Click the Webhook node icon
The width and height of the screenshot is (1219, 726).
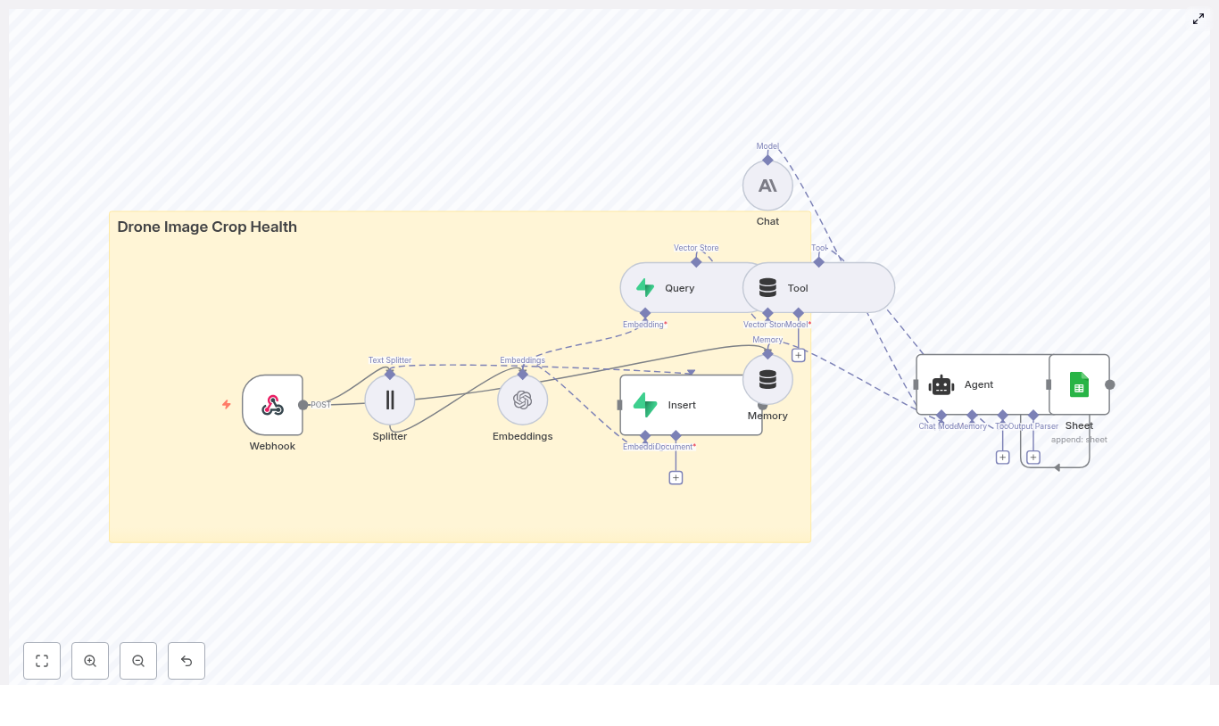(272, 405)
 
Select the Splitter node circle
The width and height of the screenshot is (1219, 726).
(390, 400)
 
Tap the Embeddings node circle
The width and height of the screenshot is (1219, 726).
(523, 400)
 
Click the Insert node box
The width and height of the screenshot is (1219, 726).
(691, 405)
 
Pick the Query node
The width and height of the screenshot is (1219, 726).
(679, 288)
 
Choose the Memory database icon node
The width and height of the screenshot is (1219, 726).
(767, 380)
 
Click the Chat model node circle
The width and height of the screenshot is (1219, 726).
(767, 186)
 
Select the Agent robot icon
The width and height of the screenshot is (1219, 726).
(941, 385)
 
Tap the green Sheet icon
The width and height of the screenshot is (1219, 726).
(1079, 384)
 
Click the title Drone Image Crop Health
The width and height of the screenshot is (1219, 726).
(207, 227)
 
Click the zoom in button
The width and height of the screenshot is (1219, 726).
(90, 661)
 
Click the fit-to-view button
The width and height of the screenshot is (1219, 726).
(42, 661)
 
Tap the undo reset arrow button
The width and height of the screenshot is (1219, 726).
(187, 661)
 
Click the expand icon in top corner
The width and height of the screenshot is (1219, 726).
(1198, 19)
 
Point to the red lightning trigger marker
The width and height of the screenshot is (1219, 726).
(227, 405)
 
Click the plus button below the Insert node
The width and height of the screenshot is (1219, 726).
(676, 478)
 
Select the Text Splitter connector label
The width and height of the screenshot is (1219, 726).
(390, 360)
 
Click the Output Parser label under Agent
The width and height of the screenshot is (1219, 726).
(1035, 426)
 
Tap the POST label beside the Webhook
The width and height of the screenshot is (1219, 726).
(321, 405)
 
